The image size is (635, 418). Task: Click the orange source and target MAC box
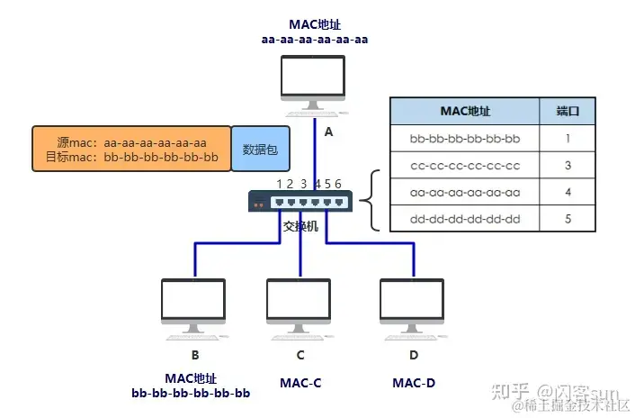[131, 149]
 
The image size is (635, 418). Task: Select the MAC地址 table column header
[465, 111]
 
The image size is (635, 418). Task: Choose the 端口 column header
[568, 111]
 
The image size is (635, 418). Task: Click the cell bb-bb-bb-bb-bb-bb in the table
[465, 139]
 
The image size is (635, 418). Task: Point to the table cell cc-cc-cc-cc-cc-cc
[465, 165]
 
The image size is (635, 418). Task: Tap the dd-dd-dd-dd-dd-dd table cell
[465, 218]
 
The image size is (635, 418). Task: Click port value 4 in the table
[568, 192]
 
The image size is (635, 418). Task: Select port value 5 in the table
[568, 218]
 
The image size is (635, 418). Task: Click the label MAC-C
[300, 383]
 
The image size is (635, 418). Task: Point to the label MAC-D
[414, 383]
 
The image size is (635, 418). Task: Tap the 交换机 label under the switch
[300, 226]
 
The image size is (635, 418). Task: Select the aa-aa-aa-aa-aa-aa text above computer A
[314, 40]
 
